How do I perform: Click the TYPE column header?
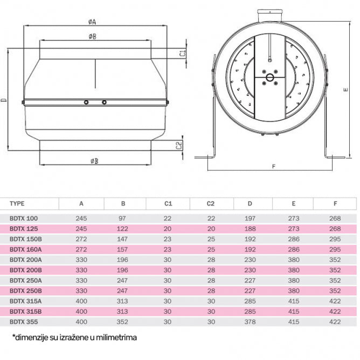[18, 204]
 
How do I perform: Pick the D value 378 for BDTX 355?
[250, 321]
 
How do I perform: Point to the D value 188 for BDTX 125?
[250, 229]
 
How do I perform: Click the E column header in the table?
[293, 204]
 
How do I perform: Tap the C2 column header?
[211, 204]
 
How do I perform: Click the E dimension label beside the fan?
[345, 90]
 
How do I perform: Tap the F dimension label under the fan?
[273, 167]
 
